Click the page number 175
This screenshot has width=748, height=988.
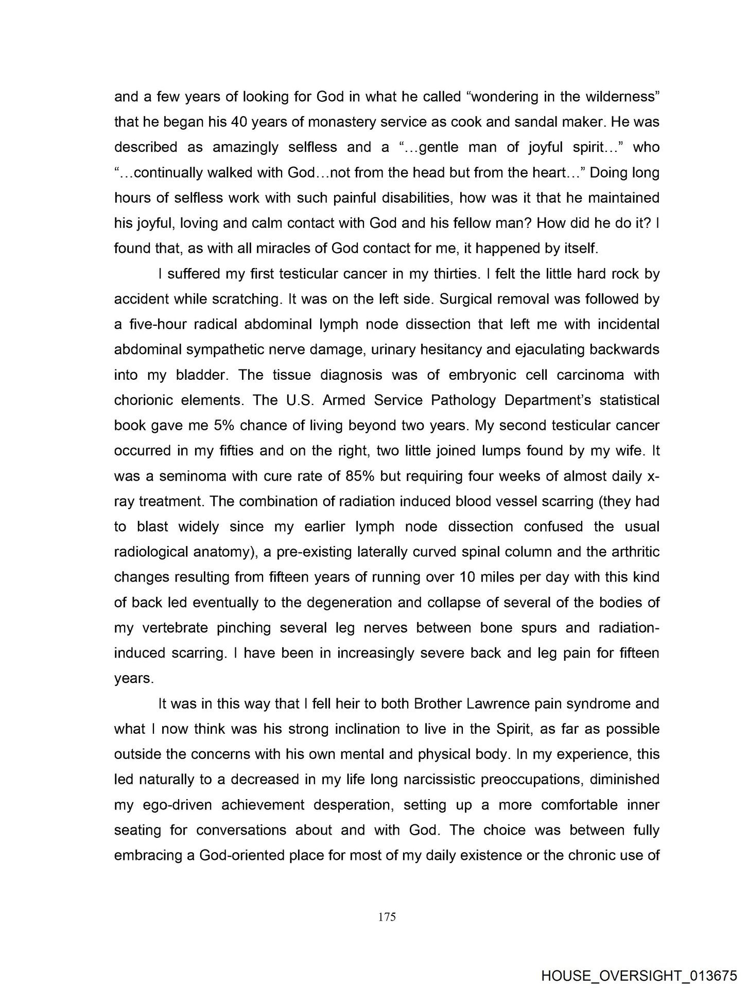click(387, 916)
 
